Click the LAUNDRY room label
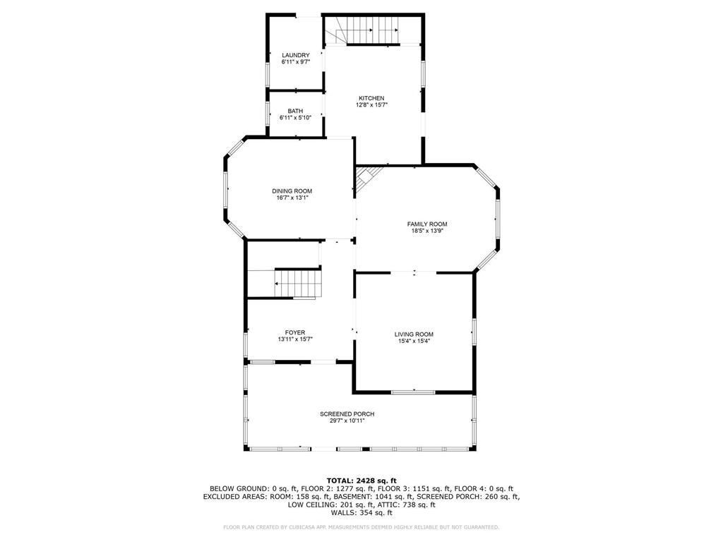pyautogui.click(x=295, y=55)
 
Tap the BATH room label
pyautogui.click(x=295, y=111)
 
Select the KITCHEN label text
pyautogui.click(x=371, y=98)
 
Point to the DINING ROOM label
pyautogui.click(x=292, y=191)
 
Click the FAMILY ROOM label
pyautogui.click(x=427, y=224)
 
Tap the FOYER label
pyautogui.click(x=295, y=332)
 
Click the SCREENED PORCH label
pyautogui.click(x=347, y=414)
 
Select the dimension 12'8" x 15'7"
pyautogui.click(x=371, y=105)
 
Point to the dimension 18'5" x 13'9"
pyautogui.click(x=427, y=231)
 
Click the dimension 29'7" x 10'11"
pyautogui.click(x=347, y=421)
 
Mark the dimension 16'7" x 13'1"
pyautogui.click(x=292, y=198)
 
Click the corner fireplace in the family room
pyautogui.click(x=365, y=177)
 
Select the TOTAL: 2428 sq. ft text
pyautogui.click(x=361, y=480)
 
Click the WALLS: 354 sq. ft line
pyautogui.click(x=361, y=513)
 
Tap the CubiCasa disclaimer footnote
pyautogui.click(x=361, y=527)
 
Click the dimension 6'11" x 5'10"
pyautogui.click(x=295, y=118)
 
